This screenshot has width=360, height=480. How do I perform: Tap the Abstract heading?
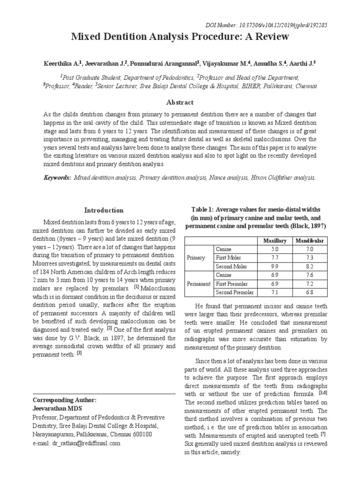[180, 102]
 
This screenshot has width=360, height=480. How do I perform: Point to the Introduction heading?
[104, 210]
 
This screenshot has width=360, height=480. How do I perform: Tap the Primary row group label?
[196, 258]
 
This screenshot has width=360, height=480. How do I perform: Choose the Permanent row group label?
[199, 284]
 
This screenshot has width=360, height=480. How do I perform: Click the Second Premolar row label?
[234, 292]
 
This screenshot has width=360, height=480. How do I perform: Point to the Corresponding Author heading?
[64, 400]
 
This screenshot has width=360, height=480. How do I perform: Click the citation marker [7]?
[323, 434]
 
